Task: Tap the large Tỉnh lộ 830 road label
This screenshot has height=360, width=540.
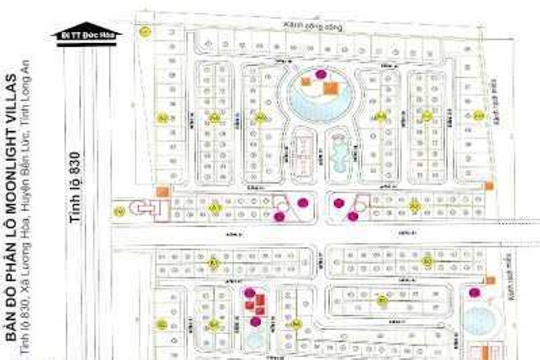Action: tap(75, 187)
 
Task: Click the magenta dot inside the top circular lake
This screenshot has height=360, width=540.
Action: tap(321, 74)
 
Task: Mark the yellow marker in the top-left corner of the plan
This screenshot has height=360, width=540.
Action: tap(144, 31)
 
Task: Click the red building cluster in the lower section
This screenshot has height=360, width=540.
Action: tap(255, 304)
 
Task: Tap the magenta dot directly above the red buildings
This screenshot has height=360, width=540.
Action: tap(250, 292)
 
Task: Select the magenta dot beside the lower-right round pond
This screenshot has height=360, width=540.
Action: tap(475, 292)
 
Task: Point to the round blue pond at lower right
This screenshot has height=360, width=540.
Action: tap(479, 322)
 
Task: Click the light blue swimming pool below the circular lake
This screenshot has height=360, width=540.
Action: tap(339, 154)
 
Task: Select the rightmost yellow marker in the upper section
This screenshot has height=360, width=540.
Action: tap(478, 115)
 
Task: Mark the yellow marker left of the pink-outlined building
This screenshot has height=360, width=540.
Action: tap(119, 210)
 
